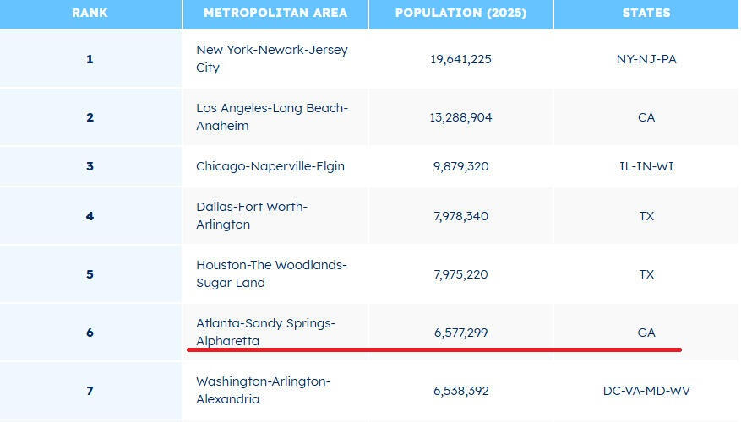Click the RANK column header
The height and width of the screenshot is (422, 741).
point(90,13)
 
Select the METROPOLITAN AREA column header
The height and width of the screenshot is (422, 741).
point(275,13)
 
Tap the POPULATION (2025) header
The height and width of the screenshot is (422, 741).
point(460,13)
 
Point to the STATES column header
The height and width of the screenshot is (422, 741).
point(646,13)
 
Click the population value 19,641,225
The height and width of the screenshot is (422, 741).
point(460,59)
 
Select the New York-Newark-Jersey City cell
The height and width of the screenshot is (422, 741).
point(272,59)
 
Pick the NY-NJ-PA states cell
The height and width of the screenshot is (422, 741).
point(646,59)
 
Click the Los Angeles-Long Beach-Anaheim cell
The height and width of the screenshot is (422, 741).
point(272,117)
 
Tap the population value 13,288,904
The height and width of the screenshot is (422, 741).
point(460,117)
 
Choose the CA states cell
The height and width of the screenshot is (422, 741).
point(646,117)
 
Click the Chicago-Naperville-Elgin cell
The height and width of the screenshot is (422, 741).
point(270,166)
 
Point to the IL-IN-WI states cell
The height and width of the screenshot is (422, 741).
point(646,166)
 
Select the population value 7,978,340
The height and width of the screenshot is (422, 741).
point(460,216)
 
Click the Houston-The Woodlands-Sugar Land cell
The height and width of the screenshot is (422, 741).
point(271,274)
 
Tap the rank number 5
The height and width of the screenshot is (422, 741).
point(90,274)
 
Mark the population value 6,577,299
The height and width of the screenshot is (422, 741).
point(460,333)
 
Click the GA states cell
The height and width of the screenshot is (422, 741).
point(646,333)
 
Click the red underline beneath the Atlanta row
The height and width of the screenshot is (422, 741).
point(433,349)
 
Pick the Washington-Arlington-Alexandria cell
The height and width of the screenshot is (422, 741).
point(263,391)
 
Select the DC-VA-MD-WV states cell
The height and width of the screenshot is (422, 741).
point(646,391)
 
